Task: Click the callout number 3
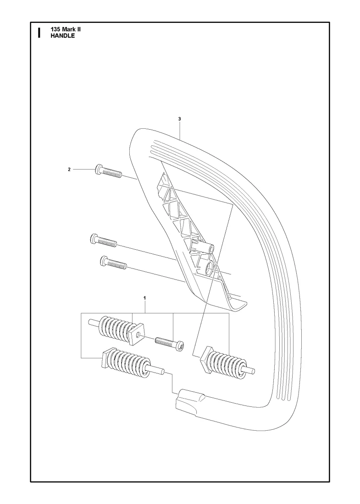tap(179, 119)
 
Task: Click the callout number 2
tap(69, 170)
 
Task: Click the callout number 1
tap(145, 298)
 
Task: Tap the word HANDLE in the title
tap(62, 36)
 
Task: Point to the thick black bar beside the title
tap(39, 33)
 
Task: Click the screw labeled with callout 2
tap(108, 171)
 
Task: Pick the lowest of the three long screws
tap(113, 261)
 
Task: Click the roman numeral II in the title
tap(78, 29)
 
